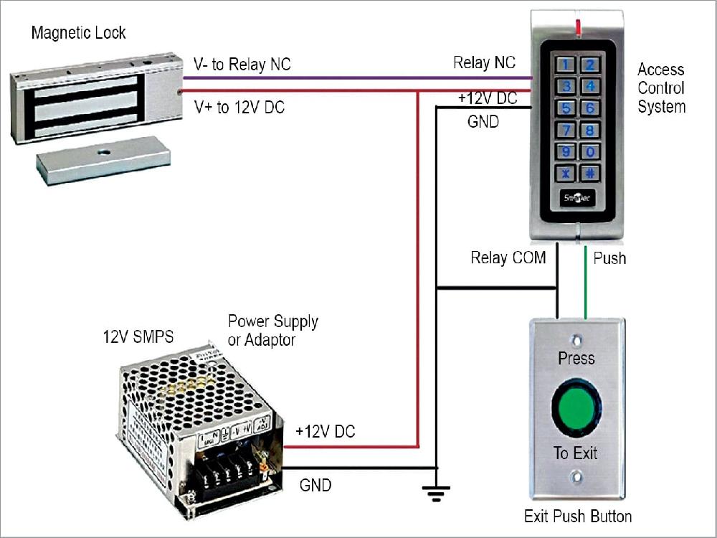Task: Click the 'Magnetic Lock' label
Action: pyautogui.click(x=79, y=33)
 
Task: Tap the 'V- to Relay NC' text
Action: pyautogui.click(x=242, y=65)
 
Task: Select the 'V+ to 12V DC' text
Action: pyautogui.click(x=239, y=108)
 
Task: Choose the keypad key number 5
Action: pyautogui.click(x=566, y=109)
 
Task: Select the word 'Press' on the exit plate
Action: pyautogui.click(x=576, y=357)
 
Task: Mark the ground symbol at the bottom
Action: pyautogui.click(x=436, y=492)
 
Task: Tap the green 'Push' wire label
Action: pyautogui.click(x=609, y=258)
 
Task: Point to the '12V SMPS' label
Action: pyautogui.click(x=138, y=336)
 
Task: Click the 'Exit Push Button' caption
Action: pyautogui.click(x=578, y=516)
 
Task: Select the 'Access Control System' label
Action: pyautogui.click(x=661, y=88)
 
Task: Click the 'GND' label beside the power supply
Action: pyautogui.click(x=315, y=486)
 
